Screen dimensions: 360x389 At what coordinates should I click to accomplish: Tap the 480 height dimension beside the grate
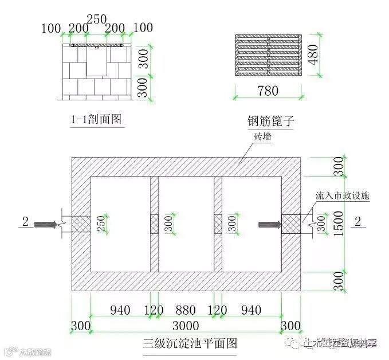click(x=313, y=54)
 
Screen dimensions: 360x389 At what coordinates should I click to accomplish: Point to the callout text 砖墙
click(x=263, y=137)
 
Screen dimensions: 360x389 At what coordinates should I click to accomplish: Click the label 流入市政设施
click(x=343, y=195)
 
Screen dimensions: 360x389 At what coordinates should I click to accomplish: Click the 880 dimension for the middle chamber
click(x=185, y=311)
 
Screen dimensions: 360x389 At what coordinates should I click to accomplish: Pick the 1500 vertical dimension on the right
click(x=339, y=224)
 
